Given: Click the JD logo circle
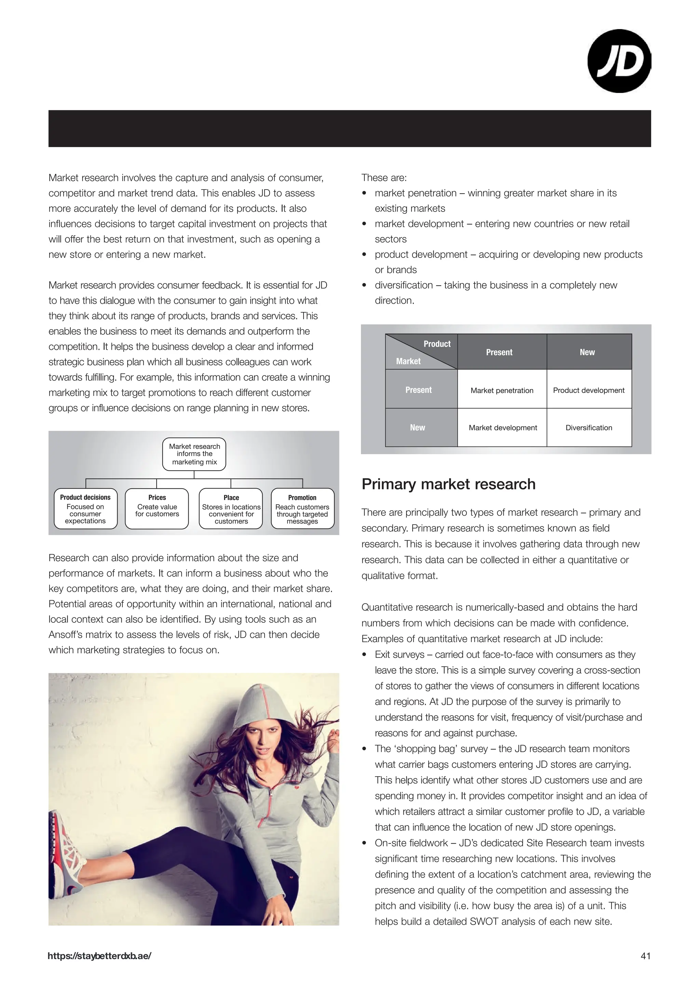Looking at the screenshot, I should click(x=619, y=61).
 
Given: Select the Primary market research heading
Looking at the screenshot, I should click(x=448, y=484).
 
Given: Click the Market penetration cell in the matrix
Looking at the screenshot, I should click(x=502, y=390).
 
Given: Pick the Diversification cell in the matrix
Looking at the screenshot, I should click(x=588, y=427).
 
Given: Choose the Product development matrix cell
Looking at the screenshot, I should click(x=588, y=390).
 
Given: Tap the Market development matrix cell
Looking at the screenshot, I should click(x=502, y=427).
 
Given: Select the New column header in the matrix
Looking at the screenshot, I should click(x=587, y=352).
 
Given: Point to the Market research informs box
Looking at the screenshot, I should click(x=194, y=454).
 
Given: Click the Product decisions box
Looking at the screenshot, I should click(x=85, y=509).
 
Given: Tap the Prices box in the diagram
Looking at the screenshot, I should click(x=157, y=509).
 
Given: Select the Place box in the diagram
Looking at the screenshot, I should click(x=231, y=509).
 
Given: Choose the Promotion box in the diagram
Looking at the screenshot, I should click(x=302, y=509).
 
